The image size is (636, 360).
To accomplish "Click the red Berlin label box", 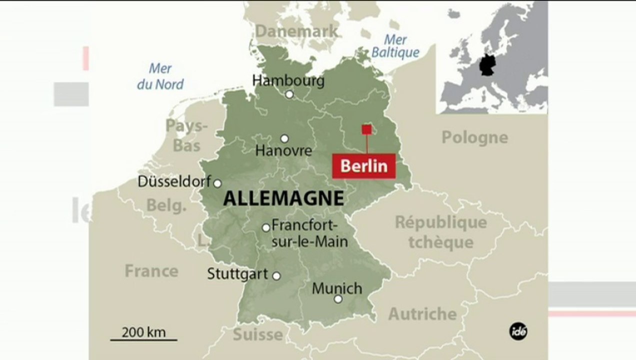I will point(364,166).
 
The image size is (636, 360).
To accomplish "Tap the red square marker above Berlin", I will point(366,129).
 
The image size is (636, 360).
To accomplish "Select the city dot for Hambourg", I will point(289,94).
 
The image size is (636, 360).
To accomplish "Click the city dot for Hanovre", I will point(284,138).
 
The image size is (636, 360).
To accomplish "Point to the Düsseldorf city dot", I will point(217,183).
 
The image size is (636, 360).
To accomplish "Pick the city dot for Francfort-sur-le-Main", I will point(266,228).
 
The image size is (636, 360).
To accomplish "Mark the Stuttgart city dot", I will point(276,275).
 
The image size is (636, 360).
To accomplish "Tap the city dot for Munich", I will point(338,299).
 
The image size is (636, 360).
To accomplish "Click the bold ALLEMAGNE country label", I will point(283,198).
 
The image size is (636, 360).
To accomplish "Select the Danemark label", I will point(296,31).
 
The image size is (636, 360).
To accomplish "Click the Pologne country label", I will point(474,137).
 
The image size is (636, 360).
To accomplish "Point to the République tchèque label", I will point(440,232).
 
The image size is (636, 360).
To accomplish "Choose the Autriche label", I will point(422,314).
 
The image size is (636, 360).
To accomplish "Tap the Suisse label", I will point(258,334).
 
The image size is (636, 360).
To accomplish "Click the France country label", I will point(151,271).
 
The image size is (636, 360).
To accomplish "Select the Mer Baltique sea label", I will point(395,46).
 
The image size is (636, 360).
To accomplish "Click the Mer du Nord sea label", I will point(160,76).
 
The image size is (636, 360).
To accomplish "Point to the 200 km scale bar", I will point(143,339).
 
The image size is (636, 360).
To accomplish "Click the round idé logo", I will point(518,330).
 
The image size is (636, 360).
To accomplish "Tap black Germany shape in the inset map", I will point(486,65).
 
